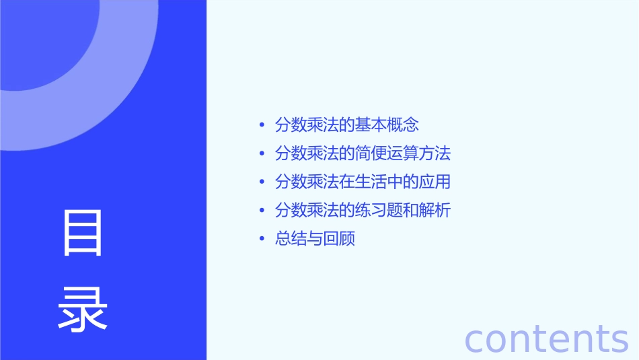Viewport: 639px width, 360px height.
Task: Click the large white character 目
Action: coord(83,233)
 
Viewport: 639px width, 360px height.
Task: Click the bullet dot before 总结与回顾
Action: coord(262,240)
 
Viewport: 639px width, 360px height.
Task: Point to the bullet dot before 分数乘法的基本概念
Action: coord(262,125)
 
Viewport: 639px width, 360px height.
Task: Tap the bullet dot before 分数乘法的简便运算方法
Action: coord(262,154)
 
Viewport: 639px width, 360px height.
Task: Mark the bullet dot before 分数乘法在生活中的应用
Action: coord(262,182)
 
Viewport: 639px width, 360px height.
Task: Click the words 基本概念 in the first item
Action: coord(389,125)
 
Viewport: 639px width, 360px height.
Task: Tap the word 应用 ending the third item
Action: coord(435,182)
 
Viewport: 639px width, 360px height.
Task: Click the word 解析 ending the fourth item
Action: coord(435,211)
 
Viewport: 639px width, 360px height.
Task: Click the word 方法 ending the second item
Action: coord(435,153)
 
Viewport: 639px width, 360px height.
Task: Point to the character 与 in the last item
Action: coord(315,240)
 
